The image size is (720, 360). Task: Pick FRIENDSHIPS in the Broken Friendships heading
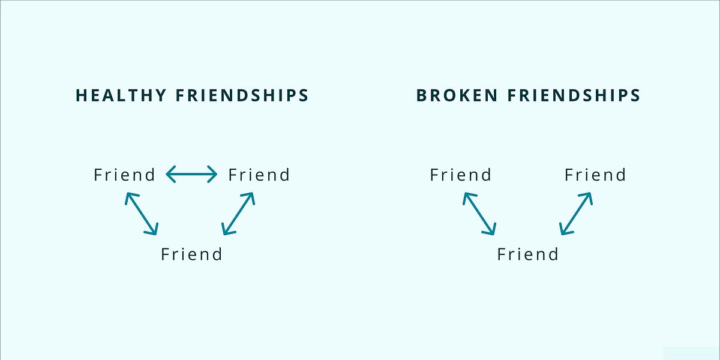pos(575,95)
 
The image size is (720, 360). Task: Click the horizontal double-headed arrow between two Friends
pos(191,175)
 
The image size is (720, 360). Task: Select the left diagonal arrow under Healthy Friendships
pos(142,214)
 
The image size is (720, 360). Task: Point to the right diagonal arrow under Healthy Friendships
pos(238,213)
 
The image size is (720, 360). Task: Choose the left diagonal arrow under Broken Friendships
pos(479,214)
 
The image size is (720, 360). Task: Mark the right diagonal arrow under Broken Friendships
pos(575,213)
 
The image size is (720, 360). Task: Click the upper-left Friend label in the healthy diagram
pos(124,175)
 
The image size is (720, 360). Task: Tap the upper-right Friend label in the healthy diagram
pos(259,175)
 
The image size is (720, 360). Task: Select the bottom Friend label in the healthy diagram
pos(191,254)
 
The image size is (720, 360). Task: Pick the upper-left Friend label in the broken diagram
pos(461,175)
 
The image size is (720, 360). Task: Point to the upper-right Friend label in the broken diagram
pos(595,175)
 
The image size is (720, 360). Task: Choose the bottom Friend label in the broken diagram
pos(528,254)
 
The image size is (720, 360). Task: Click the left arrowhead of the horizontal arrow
pos(169,175)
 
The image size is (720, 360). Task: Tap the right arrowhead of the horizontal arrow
pos(214,175)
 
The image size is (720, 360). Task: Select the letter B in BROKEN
pos(422,95)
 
